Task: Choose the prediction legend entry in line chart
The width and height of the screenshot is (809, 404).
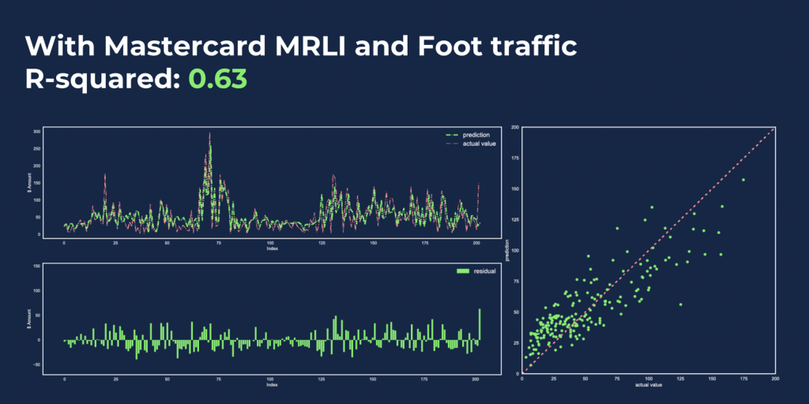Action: (473, 135)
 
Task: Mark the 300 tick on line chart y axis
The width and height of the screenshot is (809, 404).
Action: (36, 130)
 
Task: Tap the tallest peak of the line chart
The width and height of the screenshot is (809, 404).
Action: (209, 134)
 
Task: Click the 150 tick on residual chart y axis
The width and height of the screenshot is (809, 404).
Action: (36, 267)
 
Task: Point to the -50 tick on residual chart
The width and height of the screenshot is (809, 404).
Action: (35, 365)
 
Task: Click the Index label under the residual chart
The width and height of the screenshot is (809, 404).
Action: (271, 385)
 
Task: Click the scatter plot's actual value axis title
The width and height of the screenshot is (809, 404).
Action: (648, 384)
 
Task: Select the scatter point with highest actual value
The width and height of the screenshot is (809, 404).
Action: (743, 180)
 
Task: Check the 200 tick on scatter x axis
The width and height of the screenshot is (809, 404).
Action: (776, 379)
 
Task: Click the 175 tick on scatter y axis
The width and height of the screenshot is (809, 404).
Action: (514, 158)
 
